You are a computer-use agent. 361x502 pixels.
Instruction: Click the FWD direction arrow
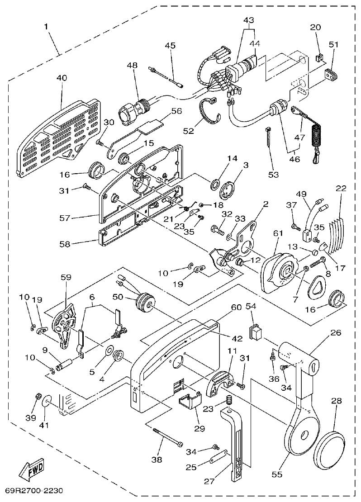pos(30,470)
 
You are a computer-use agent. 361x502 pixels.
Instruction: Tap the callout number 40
pos(61,78)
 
